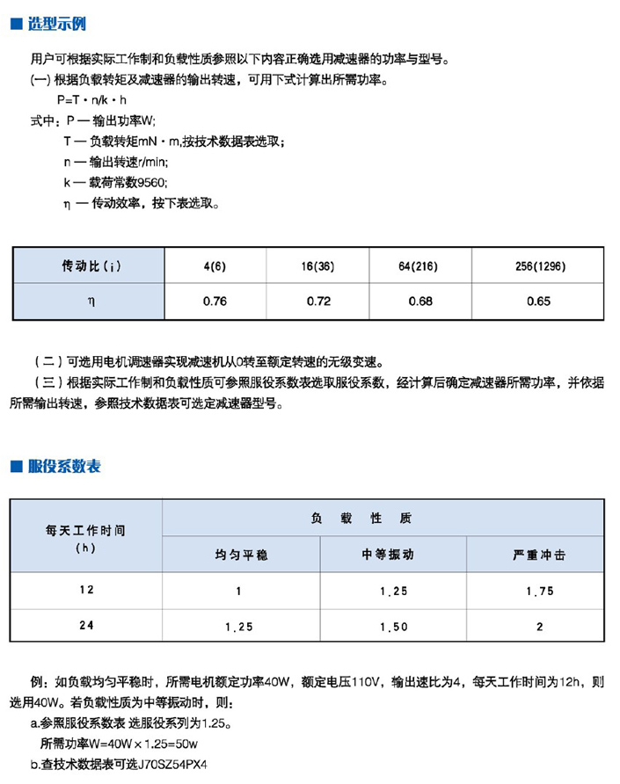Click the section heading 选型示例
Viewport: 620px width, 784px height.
57,24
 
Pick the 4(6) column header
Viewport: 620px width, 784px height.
215,265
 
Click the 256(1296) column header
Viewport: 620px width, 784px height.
539,265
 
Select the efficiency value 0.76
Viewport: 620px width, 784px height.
215,301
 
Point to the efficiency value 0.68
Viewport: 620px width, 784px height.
420,301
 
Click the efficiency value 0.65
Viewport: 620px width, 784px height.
539,301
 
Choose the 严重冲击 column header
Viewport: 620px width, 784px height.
539,555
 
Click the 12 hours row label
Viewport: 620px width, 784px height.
85,591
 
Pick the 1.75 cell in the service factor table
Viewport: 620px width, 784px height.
539,592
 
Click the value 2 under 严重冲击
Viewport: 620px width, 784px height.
539,627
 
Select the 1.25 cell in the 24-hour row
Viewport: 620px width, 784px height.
238,627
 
